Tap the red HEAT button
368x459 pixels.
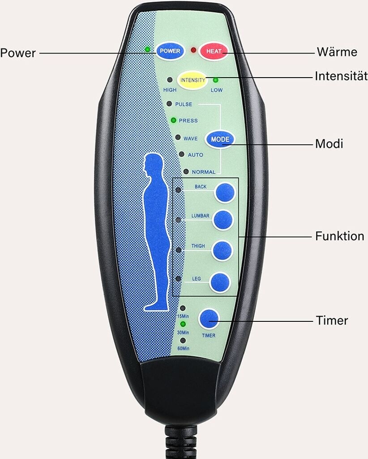(214, 51)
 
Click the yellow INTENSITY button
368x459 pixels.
(192, 80)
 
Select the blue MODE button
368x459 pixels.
(220, 139)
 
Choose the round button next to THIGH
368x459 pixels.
(222, 251)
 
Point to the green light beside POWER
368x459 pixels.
(147, 49)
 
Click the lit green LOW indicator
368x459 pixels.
(215, 80)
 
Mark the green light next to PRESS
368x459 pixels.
(173, 120)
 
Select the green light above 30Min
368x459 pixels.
(183, 324)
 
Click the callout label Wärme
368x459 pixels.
(337, 52)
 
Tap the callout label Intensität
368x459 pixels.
(341, 76)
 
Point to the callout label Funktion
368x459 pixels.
(339, 236)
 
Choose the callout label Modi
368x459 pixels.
(329, 144)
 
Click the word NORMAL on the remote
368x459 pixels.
(203, 172)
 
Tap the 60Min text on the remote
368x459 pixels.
(183, 349)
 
